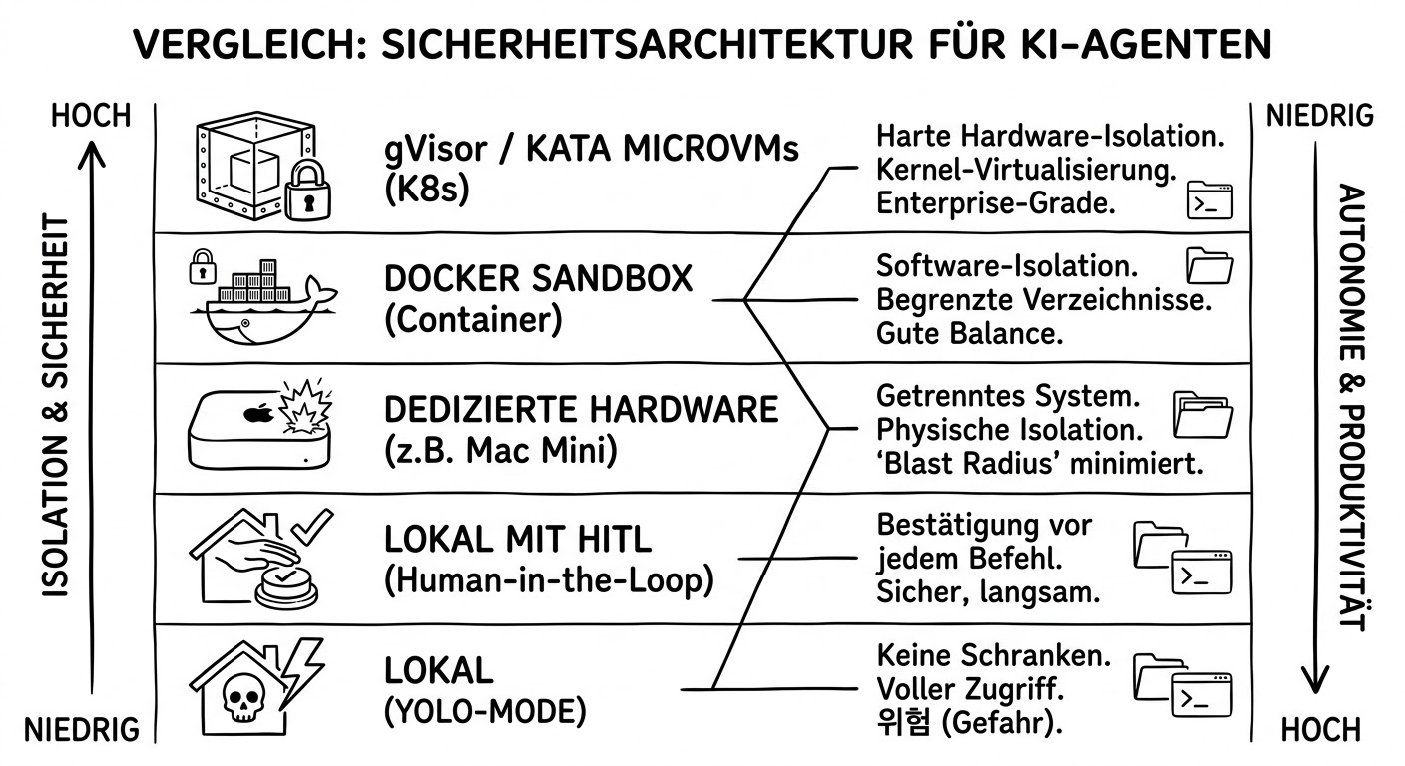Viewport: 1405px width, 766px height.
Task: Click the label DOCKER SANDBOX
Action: pyautogui.click(x=538, y=278)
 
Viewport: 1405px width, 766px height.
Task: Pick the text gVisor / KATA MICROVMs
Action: pyautogui.click(x=592, y=151)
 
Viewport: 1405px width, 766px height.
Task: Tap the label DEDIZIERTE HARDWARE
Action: pyautogui.click(x=581, y=409)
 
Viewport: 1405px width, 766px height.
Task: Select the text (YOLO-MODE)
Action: pyautogui.click(x=484, y=712)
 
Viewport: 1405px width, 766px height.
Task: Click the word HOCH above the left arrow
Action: pyautogui.click(x=91, y=116)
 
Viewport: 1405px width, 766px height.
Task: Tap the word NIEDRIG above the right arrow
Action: pyautogui.click(x=1319, y=116)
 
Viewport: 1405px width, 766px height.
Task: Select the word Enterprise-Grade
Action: pyautogui.click(x=995, y=203)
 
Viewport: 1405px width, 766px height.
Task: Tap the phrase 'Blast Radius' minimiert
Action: pyautogui.click(x=1042, y=464)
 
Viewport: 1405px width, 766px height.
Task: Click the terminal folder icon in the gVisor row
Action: pyautogui.click(x=1209, y=199)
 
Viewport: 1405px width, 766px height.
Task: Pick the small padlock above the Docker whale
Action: pyautogui.click(x=203, y=267)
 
